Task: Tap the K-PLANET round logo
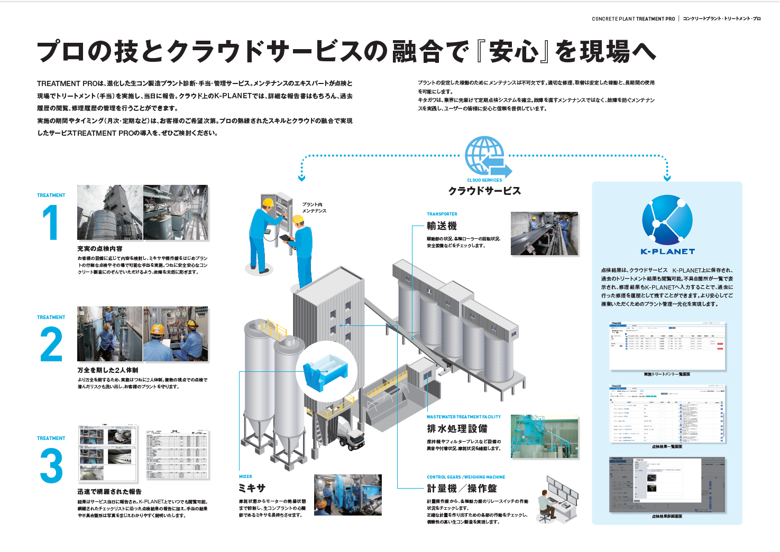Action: click(x=667, y=220)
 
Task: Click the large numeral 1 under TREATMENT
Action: click(x=51, y=222)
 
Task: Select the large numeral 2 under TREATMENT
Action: click(x=51, y=344)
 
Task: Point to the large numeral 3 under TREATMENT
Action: click(x=51, y=465)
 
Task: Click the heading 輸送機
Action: click(x=442, y=226)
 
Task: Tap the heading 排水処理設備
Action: click(x=457, y=428)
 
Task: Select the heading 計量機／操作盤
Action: click(x=462, y=489)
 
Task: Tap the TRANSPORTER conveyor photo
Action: click(x=544, y=234)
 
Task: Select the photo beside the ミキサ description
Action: click(x=347, y=494)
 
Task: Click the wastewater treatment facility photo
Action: click(x=544, y=436)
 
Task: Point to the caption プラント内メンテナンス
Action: click(x=314, y=208)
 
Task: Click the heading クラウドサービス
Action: click(x=484, y=191)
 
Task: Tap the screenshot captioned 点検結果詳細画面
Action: click(x=666, y=484)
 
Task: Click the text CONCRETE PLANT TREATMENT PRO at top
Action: click(x=633, y=19)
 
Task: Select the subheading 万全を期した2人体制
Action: click(x=107, y=370)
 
